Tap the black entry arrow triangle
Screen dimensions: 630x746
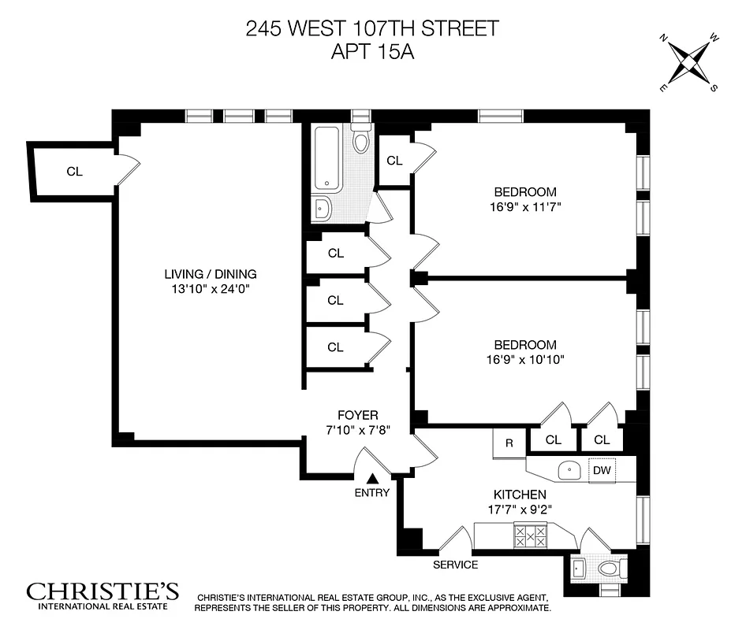pos(373,478)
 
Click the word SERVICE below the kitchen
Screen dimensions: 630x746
pos(455,565)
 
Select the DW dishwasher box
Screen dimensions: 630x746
pos(602,470)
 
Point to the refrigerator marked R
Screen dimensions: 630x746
pos(509,443)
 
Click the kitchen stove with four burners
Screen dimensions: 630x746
pos(531,537)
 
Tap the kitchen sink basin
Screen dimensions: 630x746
pos(569,471)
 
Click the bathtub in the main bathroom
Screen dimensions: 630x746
pos(326,160)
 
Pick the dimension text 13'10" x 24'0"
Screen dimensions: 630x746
pos(211,288)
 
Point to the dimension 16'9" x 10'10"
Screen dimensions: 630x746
pos(524,360)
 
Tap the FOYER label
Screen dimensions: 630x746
pos(358,415)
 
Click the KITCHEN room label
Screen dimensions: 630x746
pos(520,494)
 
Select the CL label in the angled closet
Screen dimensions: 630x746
pos(74,171)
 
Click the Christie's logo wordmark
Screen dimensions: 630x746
pos(103,591)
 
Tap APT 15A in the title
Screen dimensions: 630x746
pos(372,53)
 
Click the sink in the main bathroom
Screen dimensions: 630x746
pos(323,208)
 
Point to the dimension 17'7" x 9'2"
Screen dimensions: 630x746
pos(520,509)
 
